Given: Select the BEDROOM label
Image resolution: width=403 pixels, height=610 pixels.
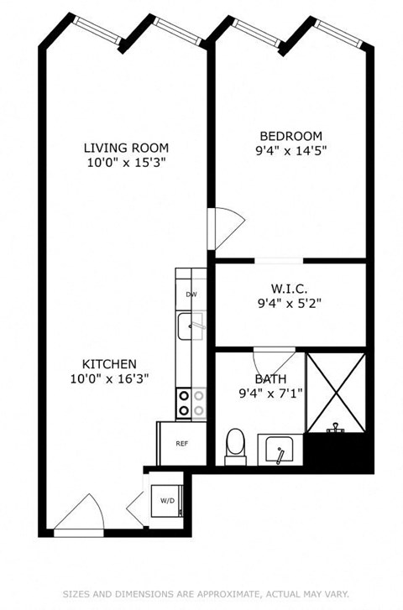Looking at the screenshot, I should [x=290, y=136].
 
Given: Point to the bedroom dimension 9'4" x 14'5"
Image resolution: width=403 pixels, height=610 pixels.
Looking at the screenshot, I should [x=290, y=152].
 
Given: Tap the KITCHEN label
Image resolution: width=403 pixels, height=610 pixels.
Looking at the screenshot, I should [x=109, y=363].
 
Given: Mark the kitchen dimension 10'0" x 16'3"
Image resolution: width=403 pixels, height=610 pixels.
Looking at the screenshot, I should [x=109, y=378].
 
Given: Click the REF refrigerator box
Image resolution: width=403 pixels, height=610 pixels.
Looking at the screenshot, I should [x=181, y=443].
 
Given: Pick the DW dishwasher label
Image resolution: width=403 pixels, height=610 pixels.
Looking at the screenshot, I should [x=191, y=295].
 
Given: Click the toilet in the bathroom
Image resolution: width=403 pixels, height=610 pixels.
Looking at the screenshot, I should [x=235, y=445].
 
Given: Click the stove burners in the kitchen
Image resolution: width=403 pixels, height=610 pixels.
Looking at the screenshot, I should [x=191, y=403].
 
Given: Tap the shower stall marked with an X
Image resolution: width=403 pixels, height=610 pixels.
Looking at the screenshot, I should [x=336, y=393].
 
